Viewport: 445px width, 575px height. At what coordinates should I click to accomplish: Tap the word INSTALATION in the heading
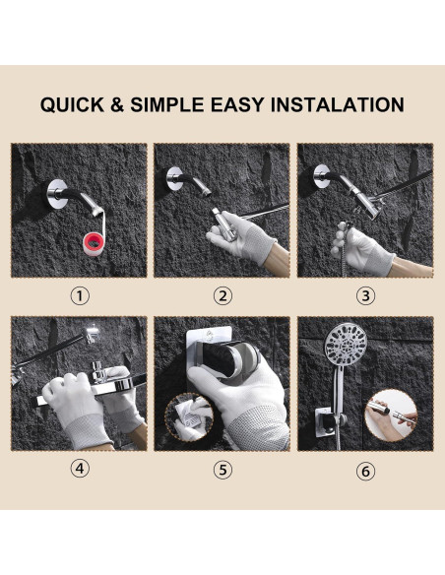[338, 104]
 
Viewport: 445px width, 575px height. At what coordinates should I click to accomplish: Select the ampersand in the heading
[117, 105]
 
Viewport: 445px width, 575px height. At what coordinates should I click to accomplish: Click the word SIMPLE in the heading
[166, 105]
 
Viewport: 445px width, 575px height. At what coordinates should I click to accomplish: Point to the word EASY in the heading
[237, 105]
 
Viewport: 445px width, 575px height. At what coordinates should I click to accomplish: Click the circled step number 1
[80, 295]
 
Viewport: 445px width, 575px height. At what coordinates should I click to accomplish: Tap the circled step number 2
[222, 295]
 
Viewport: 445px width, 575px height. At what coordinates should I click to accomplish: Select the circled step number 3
[366, 295]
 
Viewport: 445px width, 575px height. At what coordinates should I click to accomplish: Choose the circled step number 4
[80, 469]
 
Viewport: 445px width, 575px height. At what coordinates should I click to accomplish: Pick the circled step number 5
[222, 470]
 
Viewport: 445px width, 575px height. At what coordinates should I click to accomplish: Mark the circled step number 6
[366, 471]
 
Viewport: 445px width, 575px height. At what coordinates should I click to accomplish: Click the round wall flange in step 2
[174, 178]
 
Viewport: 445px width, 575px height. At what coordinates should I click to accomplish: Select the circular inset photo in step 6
[391, 415]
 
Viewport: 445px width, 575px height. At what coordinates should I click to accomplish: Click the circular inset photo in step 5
[189, 416]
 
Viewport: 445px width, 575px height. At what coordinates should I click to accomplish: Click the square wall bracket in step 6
[326, 421]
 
